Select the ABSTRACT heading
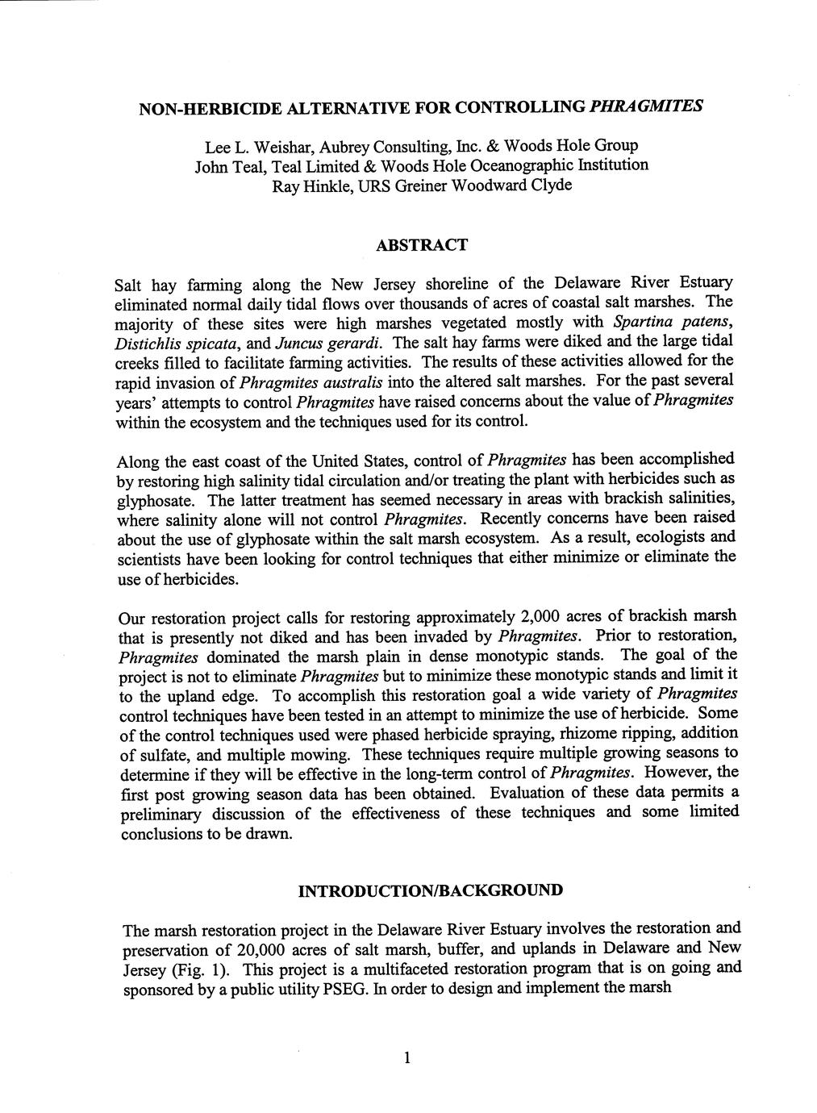click(x=422, y=244)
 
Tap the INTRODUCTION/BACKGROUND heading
click(x=430, y=891)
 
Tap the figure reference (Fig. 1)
click(x=204, y=969)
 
